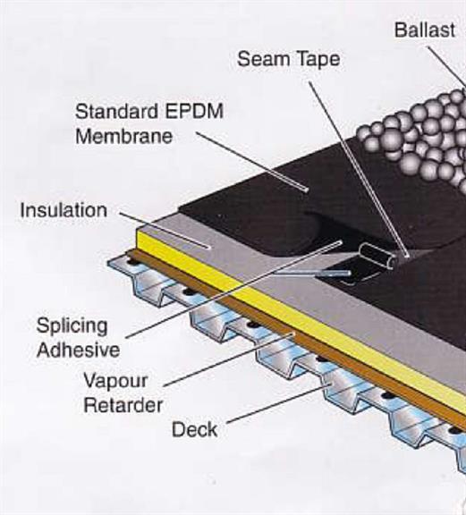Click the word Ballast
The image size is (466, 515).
(425, 30)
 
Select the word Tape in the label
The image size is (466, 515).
(318, 60)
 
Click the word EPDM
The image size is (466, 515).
(194, 111)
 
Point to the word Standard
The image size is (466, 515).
(116, 111)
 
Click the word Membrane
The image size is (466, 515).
(124, 136)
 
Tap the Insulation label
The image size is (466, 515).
(64, 210)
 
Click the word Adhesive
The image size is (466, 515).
(78, 350)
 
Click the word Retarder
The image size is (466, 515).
(123, 405)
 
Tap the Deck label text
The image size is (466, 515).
(195, 429)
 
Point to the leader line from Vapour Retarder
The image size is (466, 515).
(229, 360)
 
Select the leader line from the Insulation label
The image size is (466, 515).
(165, 230)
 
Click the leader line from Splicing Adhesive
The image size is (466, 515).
(233, 290)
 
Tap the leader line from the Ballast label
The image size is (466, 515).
(446, 65)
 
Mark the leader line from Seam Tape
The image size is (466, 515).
(359, 168)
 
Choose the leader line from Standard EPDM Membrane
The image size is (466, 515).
(252, 161)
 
